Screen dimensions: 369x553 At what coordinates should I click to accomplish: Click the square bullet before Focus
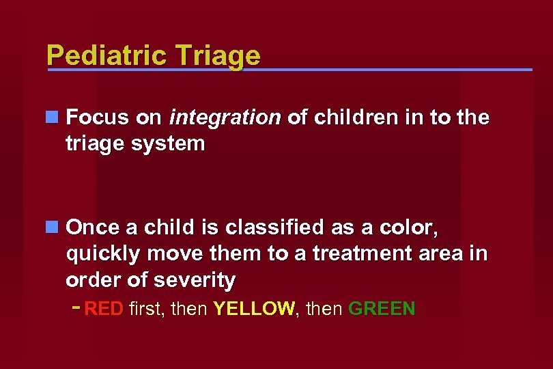click(52, 118)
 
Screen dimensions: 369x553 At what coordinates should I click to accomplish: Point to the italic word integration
click(225, 118)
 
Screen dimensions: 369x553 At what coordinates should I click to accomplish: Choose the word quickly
click(104, 253)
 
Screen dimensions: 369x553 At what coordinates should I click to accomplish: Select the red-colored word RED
click(104, 309)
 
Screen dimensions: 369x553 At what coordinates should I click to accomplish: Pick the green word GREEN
click(382, 309)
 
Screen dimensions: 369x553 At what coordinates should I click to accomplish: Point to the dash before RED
click(76, 307)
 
